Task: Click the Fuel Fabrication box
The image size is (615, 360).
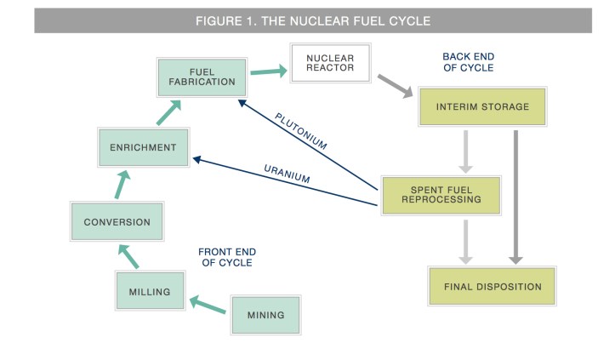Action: coord(202,77)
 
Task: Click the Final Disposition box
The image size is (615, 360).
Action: coord(492,287)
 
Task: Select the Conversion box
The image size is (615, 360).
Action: coord(117,222)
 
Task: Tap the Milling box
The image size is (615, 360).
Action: coord(149,292)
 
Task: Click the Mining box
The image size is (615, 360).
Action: coord(266,314)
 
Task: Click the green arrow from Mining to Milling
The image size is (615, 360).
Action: coord(208,304)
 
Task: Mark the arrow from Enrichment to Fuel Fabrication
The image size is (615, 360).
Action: coord(168,112)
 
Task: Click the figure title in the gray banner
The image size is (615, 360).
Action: coord(312,20)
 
